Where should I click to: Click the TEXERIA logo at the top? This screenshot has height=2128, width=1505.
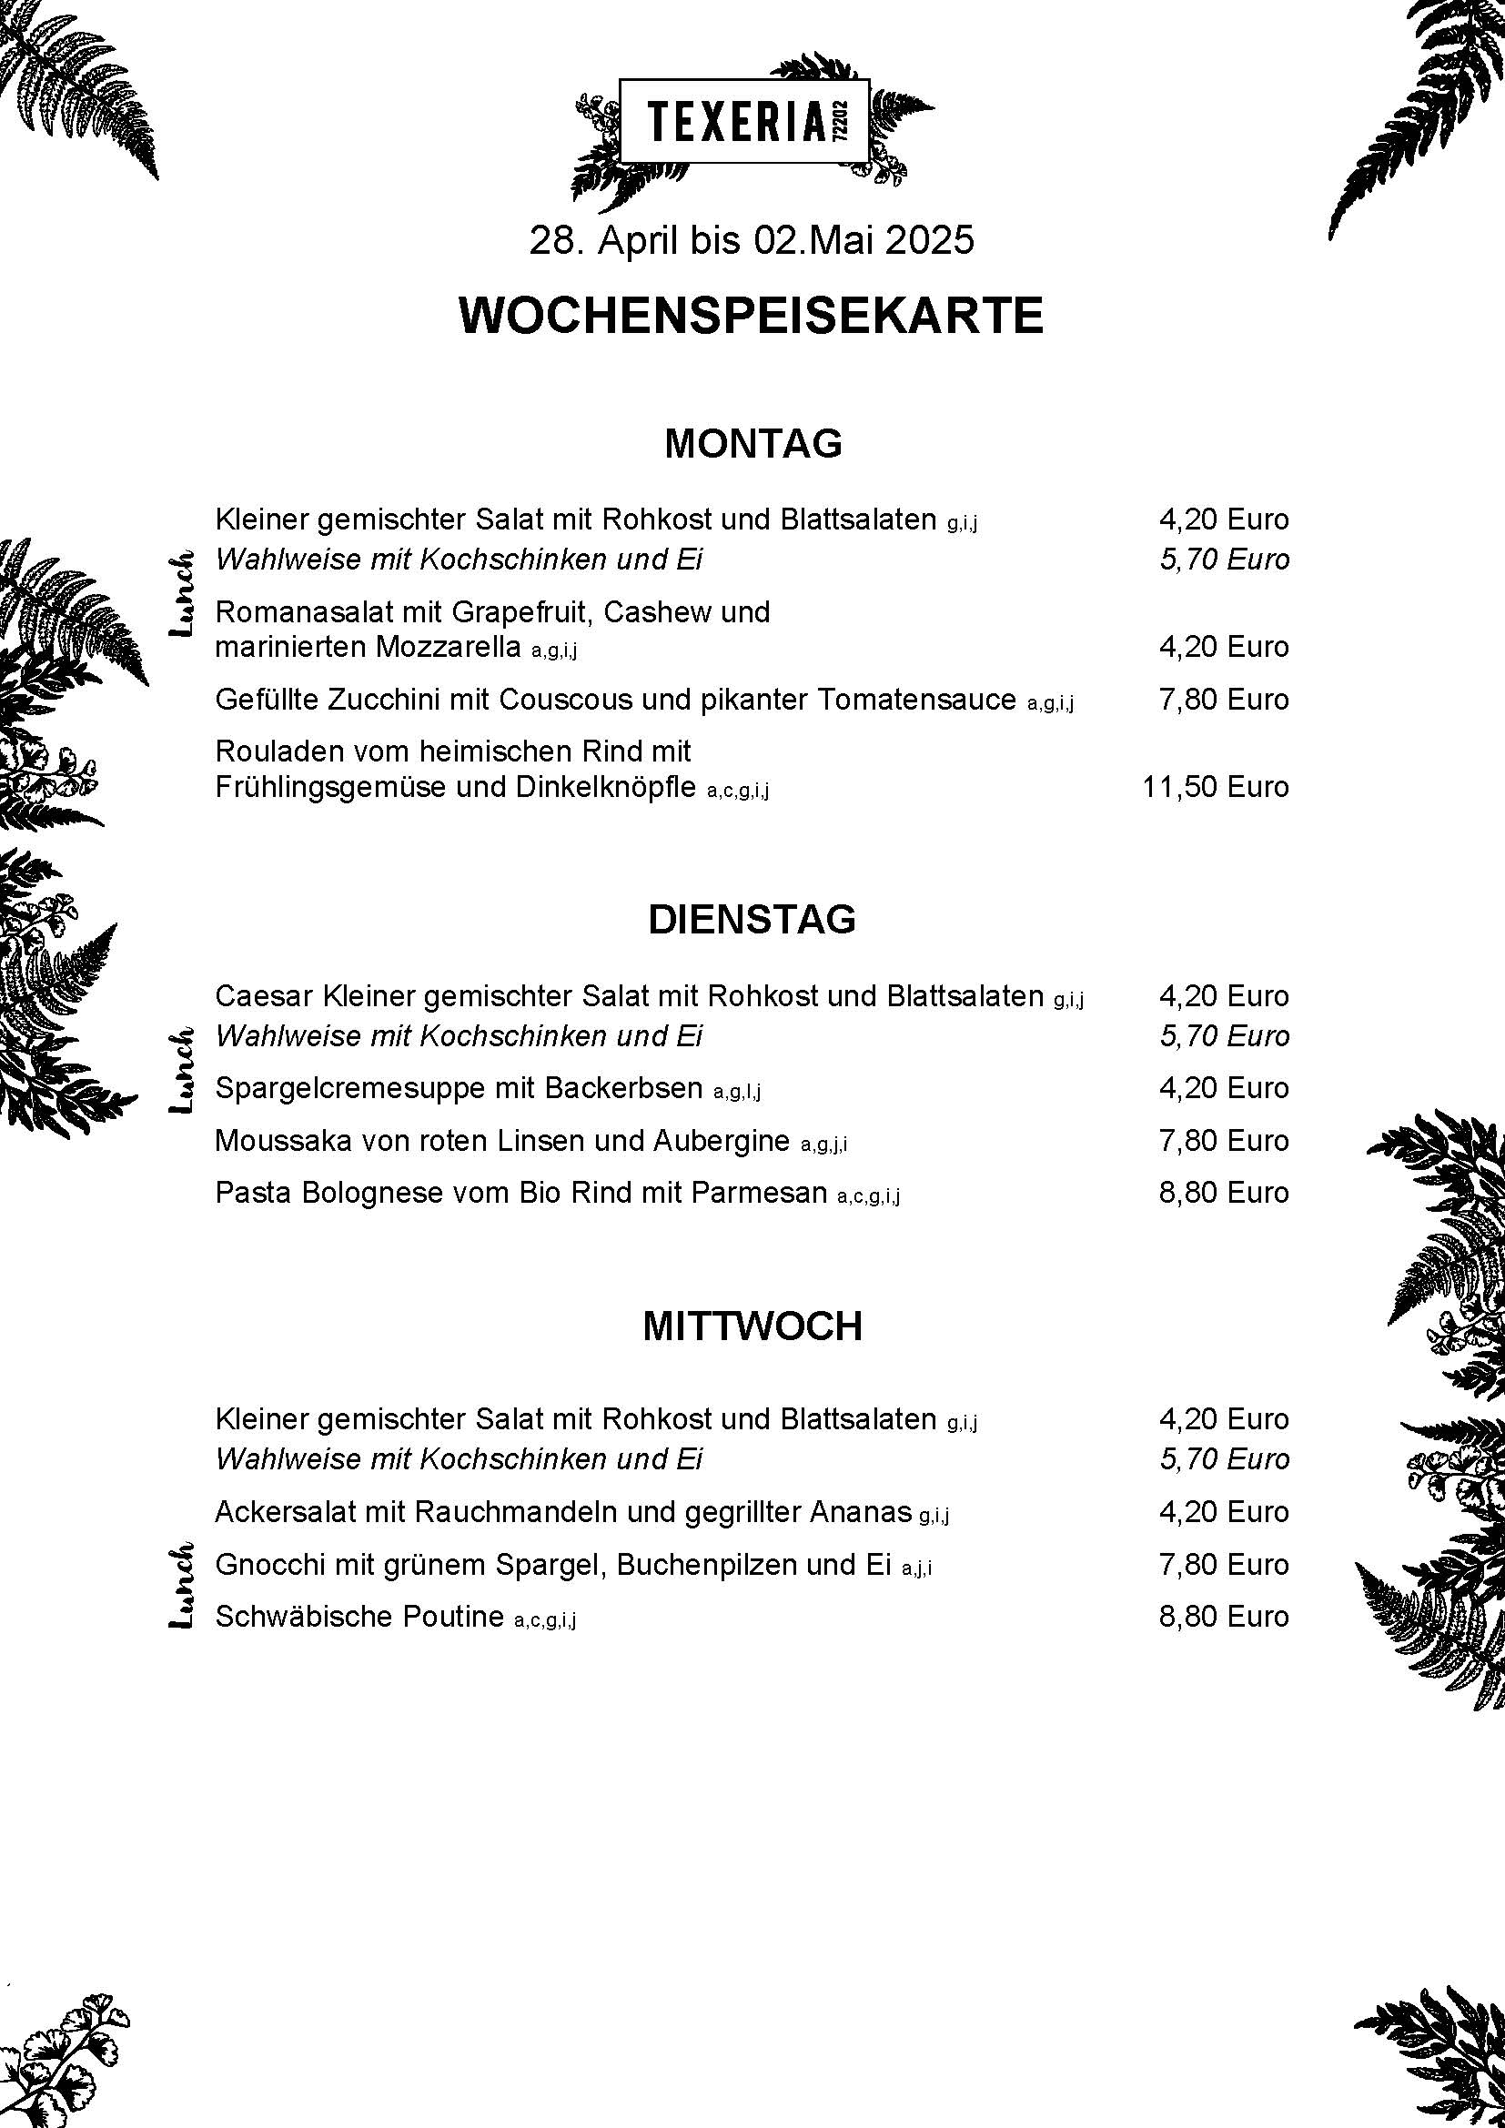click(744, 120)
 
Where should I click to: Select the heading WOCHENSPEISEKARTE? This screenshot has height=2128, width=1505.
click(752, 316)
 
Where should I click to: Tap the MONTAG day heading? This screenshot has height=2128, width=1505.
click(752, 444)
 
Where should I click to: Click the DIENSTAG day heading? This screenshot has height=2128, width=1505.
click(752, 920)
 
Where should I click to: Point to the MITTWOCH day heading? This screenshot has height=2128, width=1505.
click(752, 1326)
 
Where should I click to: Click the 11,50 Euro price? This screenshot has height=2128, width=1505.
click(1215, 787)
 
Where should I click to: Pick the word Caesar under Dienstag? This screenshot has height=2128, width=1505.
click(264, 996)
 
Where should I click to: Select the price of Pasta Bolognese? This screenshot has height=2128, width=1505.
click(1223, 1192)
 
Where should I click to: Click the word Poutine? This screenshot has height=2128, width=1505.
click(453, 1617)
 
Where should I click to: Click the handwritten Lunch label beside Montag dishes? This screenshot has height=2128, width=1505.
click(181, 593)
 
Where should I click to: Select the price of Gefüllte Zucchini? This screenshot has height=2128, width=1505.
click(1223, 699)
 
